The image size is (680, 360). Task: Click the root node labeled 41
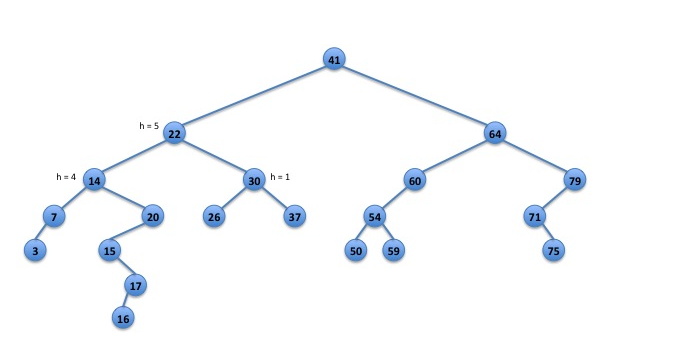click(334, 59)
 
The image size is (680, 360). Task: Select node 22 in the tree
click(174, 134)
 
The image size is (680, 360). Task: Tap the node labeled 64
click(495, 134)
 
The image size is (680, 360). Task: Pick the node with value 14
click(94, 180)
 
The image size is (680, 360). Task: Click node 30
click(254, 180)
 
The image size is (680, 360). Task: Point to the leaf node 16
click(123, 318)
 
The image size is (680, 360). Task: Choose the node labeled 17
click(135, 285)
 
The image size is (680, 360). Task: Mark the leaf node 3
click(35, 250)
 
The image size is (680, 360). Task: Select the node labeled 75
click(553, 250)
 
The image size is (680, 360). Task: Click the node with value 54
click(375, 216)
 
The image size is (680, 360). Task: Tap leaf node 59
click(394, 250)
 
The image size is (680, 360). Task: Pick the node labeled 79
click(575, 180)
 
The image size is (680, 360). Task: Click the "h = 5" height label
click(149, 126)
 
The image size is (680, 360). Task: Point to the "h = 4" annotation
click(66, 177)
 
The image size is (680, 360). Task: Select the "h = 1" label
click(280, 177)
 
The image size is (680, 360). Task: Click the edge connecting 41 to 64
click(415, 97)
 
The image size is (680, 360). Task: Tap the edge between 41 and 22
click(254, 97)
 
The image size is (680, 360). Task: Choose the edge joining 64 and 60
click(454, 157)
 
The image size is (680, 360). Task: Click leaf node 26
click(214, 216)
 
